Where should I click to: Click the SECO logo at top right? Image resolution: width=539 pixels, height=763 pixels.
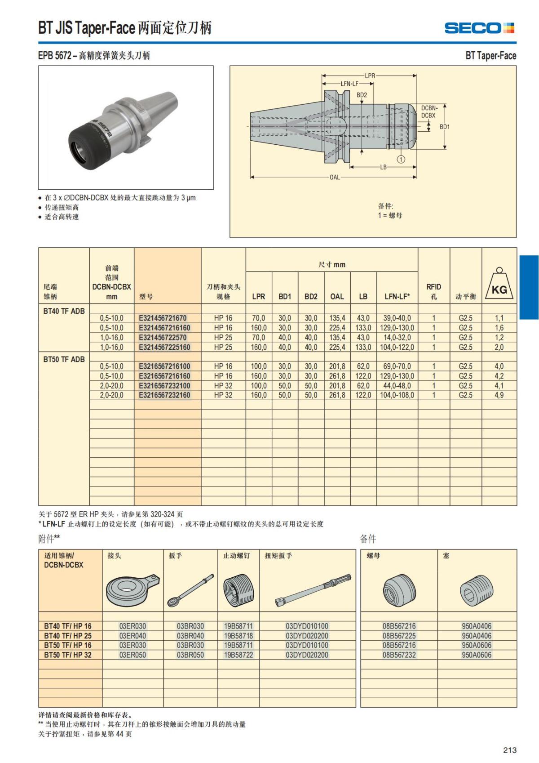click(479, 28)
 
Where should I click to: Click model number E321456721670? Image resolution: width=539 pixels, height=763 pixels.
click(163, 318)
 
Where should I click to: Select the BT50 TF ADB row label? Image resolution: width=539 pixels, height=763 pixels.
click(64, 359)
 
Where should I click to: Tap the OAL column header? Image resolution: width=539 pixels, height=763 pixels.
click(337, 296)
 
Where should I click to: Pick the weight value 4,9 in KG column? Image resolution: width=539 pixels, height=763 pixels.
click(499, 395)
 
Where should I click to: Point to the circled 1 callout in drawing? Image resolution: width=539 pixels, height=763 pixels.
click(401, 159)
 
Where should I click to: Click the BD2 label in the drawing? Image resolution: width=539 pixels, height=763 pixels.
click(362, 95)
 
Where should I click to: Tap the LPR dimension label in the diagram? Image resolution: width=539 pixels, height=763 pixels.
click(370, 76)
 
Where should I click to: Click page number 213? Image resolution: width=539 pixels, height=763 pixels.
click(510, 750)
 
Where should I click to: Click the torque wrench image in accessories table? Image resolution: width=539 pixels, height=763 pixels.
click(313, 589)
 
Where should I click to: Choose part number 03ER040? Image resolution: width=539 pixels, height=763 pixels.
click(133, 636)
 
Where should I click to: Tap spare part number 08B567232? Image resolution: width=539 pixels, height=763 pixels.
click(399, 655)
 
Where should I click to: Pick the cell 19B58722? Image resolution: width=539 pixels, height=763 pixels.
click(239, 655)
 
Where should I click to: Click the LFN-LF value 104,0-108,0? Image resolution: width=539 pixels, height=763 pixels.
click(397, 395)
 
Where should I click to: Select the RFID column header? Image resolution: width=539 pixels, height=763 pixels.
click(433, 291)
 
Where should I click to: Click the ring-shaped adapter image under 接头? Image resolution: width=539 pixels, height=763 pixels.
click(132, 589)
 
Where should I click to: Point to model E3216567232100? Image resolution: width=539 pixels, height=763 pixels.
click(164, 386)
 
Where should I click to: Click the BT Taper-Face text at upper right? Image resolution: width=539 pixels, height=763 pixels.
click(490, 56)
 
